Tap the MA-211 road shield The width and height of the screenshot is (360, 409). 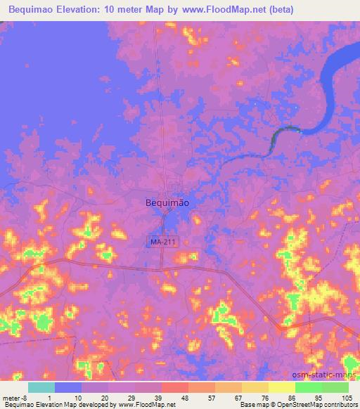pos(162,242)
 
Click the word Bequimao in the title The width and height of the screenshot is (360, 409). pos(37,9)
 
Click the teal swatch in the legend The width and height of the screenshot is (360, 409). pos(41,387)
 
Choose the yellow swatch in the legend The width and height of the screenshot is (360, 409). pos(282,387)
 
